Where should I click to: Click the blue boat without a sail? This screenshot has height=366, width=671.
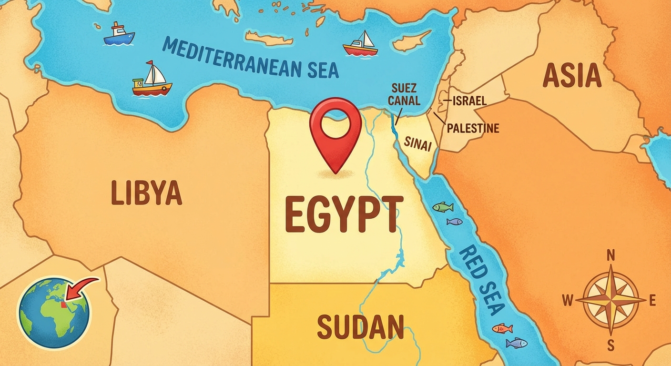click(x=119, y=35)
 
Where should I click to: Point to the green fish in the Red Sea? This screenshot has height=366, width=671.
click(x=443, y=207)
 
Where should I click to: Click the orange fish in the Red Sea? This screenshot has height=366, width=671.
click(x=502, y=328)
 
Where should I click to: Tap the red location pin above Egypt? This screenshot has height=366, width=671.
click(x=335, y=131)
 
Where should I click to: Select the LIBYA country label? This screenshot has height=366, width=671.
click(x=146, y=193)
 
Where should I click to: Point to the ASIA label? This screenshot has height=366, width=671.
click(x=571, y=76)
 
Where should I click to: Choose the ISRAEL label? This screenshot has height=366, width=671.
click(x=469, y=101)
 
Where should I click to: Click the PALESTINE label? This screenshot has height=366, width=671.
click(x=473, y=128)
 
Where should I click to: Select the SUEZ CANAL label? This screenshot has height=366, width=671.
click(x=405, y=94)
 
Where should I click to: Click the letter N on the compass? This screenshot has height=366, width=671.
click(x=610, y=256)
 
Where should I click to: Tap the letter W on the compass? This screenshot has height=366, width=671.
click(x=568, y=301)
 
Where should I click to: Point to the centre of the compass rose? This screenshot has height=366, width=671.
click(x=610, y=300)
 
